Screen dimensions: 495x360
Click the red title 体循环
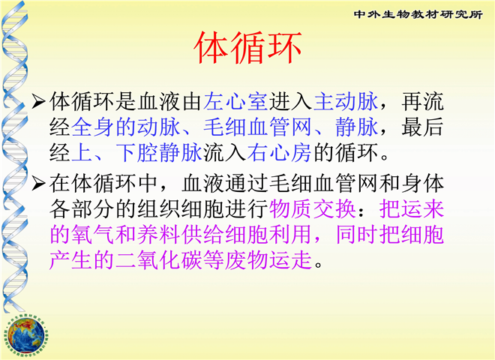pyautogui.click(x=247, y=48)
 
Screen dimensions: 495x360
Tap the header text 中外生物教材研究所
pyautogui.click(x=418, y=14)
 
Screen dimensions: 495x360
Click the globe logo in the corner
pyautogui.click(x=26, y=335)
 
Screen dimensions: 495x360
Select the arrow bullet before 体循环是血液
pyautogui.click(x=38, y=101)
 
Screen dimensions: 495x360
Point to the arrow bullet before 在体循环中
pyautogui.click(x=38, y=184)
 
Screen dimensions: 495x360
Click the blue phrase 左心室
pyautogui.click(x=235, y=102)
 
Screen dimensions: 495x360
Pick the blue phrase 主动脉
pyautogui.click(x=346, y=102)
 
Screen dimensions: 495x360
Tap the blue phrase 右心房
pyautogui.click(x=280, y=153)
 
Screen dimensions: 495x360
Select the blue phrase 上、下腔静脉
pyautogui.click(x=136, y=153)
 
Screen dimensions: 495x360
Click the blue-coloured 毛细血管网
pyautogui.click(x=257, y=127)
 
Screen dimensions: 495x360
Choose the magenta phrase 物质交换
pyautogui.click(x=313, y=209)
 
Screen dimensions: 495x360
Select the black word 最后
pyautogui.click(x=423, y=127)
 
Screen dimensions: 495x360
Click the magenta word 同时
pyautogui.click(x=357, y=235)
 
